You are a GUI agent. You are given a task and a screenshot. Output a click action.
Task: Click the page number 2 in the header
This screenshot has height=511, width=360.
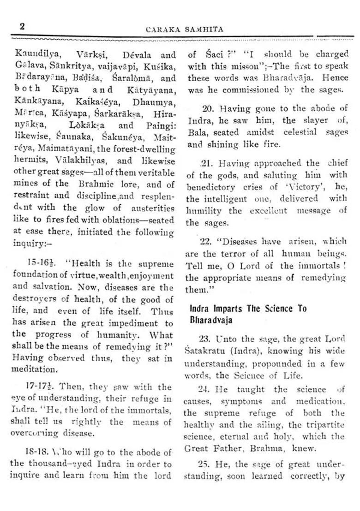(22, 27)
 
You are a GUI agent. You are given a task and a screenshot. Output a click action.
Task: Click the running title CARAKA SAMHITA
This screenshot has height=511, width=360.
(185, 30)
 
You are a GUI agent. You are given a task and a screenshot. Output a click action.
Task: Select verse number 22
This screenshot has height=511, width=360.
(205, 242)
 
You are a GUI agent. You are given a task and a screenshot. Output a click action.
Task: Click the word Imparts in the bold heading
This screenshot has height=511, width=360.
(227, 309)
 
